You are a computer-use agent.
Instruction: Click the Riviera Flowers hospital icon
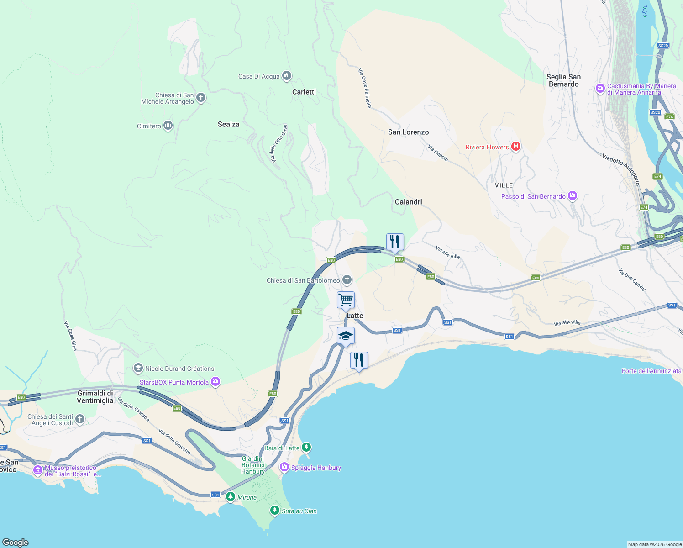(516, 147)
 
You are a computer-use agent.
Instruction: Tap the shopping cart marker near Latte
(346, 300)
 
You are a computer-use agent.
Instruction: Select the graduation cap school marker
(346, 336)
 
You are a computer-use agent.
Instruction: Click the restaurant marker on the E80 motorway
(395, 242)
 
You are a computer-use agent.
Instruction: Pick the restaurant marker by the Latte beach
(359, 360)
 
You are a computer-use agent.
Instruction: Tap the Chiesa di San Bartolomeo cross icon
(347, 280)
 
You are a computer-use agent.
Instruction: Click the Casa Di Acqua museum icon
(287, 76)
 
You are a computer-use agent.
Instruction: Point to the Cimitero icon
(168, 126)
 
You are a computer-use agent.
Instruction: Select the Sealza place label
(228, 124)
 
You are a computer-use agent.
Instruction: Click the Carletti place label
(304, 92)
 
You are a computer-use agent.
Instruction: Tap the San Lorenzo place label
(408, 132)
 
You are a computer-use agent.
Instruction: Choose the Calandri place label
(408, 202)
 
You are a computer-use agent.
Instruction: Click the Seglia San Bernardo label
(563, 80)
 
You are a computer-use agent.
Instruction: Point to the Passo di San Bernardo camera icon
(573, 196)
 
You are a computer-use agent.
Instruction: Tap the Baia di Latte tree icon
(306, 447)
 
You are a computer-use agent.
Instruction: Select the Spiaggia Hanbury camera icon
(284, 467)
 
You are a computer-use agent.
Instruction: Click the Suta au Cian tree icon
(274, 511)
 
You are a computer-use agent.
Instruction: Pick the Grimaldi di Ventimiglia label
(95, 397)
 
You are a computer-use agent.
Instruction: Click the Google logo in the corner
(16, 542)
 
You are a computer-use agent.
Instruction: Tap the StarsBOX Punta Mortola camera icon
(215, 382)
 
